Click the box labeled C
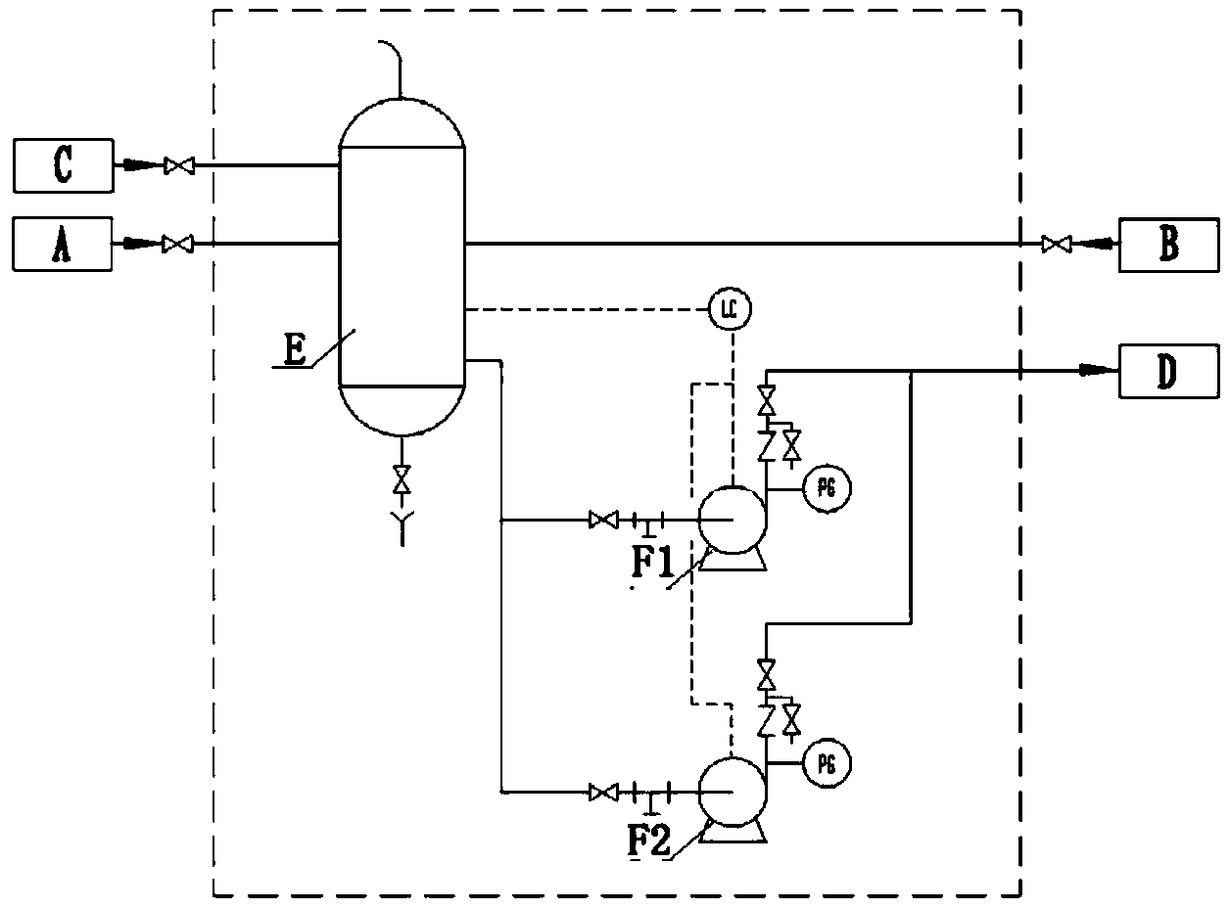(64, 165)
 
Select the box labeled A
(63, 244)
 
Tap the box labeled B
(1169, 245)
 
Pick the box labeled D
(1169, 371)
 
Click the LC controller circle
(731, 310)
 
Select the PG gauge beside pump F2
(827, 764)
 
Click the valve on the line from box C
(179, 165)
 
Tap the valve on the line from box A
(178, 244)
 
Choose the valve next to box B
(1057, 244)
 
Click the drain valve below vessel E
(402, 479)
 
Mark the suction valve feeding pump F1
(603, 520)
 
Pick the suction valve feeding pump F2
(603, 793)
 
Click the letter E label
(295, 350)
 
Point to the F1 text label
(654, 562)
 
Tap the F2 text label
(649, 841)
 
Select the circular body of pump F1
(732, 520)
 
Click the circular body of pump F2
(732, 794)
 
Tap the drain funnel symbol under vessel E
(402, 526)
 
